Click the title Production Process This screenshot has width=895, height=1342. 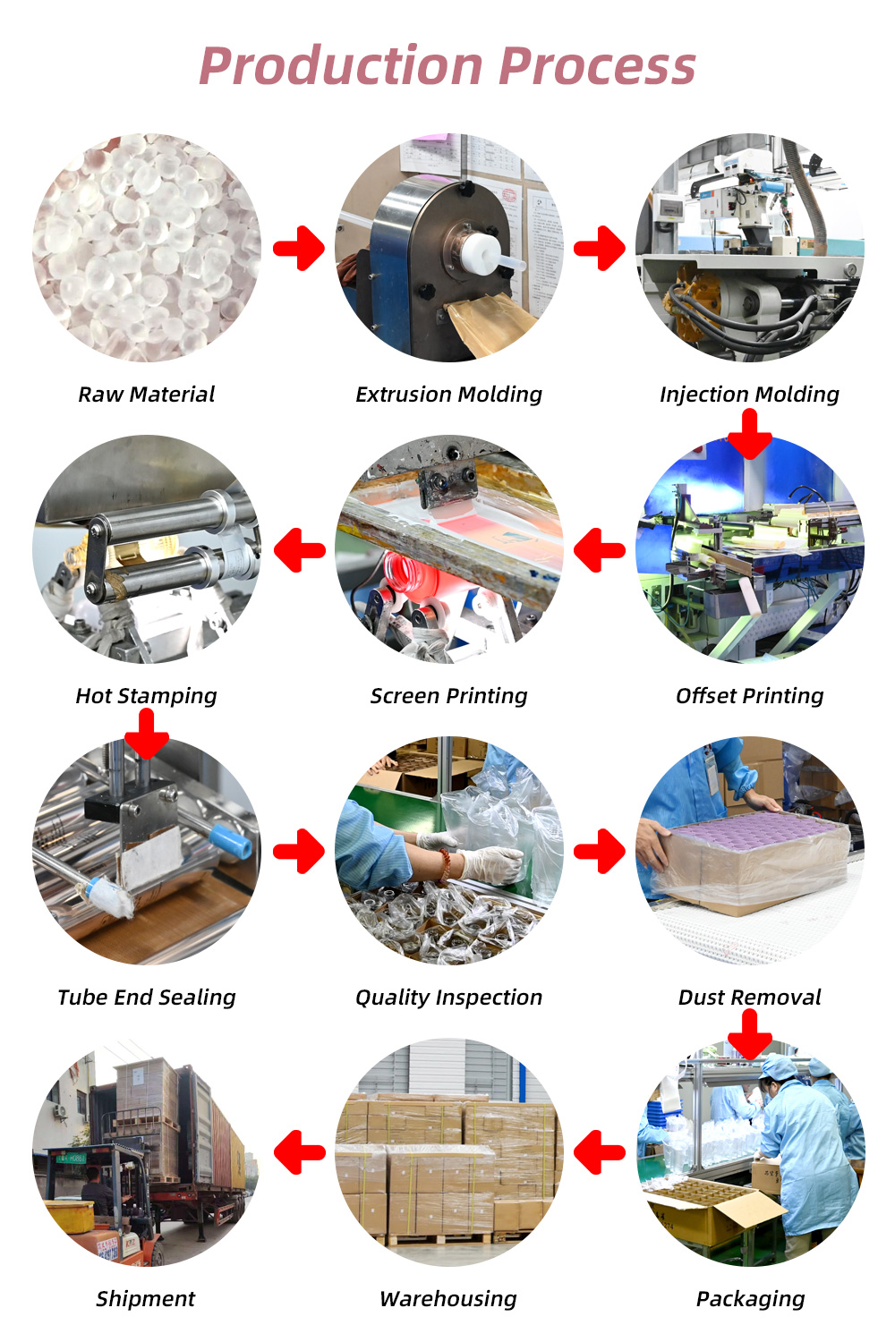[x=447, y=67]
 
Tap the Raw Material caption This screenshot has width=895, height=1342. [x=147, y=395]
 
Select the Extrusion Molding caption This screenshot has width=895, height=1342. [x=448, y=395]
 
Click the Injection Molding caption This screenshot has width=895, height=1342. [x=749, y=395]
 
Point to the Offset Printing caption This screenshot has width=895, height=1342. [x=749, y=696]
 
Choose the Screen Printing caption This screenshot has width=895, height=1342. [x=448, y=696]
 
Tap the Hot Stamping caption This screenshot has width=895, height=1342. [x=147, y=696]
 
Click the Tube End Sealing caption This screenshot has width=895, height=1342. [x=147, y=998]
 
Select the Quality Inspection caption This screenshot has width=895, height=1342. [x=448, y=998]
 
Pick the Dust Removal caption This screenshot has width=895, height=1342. [x=749, y=998]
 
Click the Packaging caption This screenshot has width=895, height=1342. [x=750, y=1299]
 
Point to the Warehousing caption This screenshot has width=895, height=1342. [x=448, y=1299]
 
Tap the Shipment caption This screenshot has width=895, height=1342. [x=146, y=1299]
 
